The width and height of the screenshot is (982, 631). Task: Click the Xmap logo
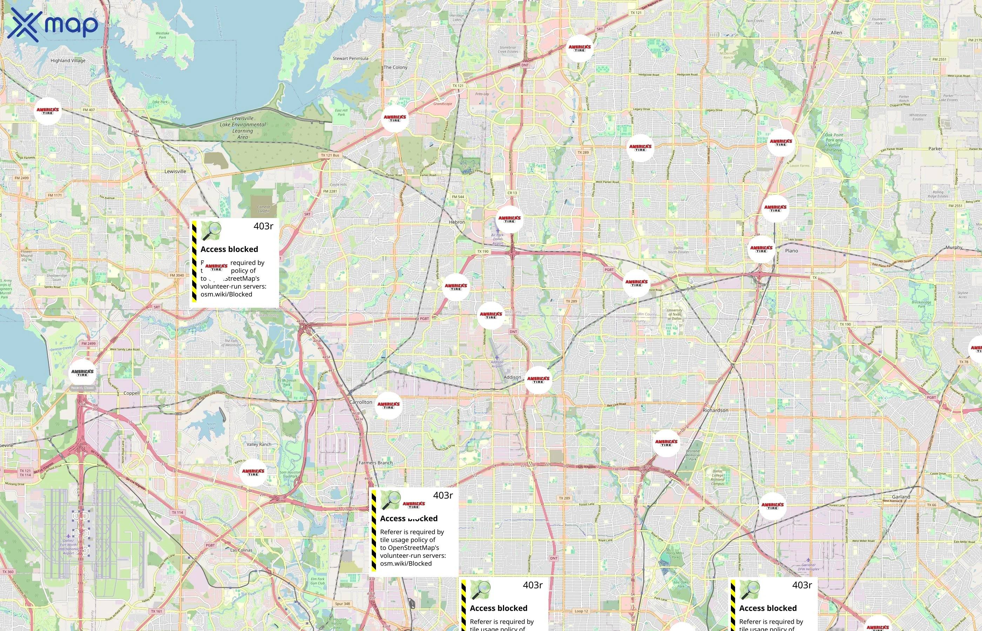(x=53, y=25)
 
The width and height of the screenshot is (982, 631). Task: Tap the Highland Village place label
(x=68, y=61)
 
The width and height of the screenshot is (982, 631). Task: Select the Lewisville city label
(x=175, y=171)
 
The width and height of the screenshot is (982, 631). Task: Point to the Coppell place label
(x=132, y=393)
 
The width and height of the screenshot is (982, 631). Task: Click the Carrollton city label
(x=361, y=402)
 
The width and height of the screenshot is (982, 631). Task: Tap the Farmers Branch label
(x=375, y=463)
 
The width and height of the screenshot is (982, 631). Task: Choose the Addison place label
(x=512, y=377)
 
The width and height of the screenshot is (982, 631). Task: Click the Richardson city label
(x=715, y=410)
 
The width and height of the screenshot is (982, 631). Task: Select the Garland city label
(x=901, y=497)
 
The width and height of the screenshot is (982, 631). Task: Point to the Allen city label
(x=836, y=33)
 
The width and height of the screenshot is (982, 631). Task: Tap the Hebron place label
(x=457, y=222)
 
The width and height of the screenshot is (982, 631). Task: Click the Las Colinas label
(x=241, y=550)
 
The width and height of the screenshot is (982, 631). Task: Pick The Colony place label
(x=396, y=67)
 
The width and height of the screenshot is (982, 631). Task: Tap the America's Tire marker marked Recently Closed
(x=82, y=373)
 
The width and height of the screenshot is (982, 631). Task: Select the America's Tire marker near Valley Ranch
(x=253, y=472)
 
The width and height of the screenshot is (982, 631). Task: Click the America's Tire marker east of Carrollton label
(x=389, y=405)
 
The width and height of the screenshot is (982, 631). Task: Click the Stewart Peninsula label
(x=350, y=59)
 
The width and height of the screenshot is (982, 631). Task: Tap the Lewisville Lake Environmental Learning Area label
(x=243, y=128)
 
